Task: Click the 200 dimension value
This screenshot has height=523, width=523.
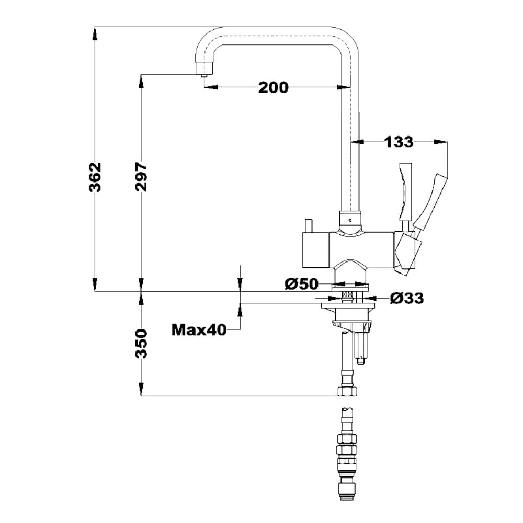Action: [x=273, y=87]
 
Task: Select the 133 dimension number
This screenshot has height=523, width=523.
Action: [x=399, y=142]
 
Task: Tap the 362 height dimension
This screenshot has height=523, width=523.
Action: [x=95, y=177]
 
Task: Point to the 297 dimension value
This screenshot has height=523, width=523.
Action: [x=141, y=177]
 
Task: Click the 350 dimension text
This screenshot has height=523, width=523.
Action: [x=141, y=344]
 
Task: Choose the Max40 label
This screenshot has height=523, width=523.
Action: [x=199, y=330]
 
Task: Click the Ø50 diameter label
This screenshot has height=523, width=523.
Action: [x=301, y=284]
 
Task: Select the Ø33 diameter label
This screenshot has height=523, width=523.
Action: [x=407, y=298]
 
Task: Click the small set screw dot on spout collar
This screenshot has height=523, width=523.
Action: [x=350, y=220]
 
